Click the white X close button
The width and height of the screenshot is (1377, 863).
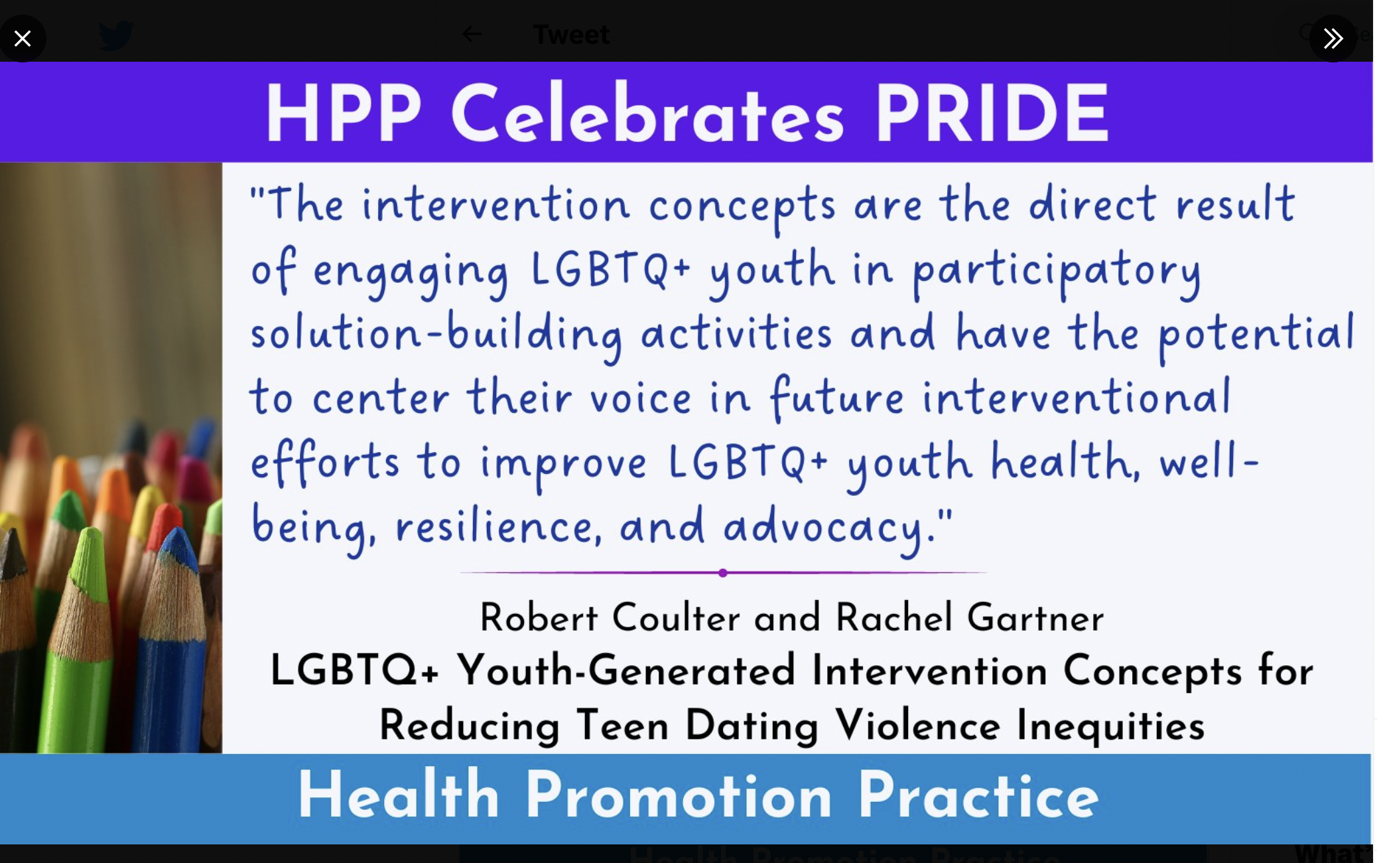[23, 39]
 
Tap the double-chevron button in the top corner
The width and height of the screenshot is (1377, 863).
[1333, 39]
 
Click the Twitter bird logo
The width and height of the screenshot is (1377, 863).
[116, 35]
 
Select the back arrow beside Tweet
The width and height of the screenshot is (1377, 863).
[472, 34]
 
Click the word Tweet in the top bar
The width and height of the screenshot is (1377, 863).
[571, 35]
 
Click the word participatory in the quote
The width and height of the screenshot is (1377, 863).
[1057, 272]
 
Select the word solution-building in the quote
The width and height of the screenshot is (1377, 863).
[436, 334]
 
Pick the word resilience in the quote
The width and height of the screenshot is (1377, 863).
[499, 526]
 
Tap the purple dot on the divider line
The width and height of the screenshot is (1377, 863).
[722, 573]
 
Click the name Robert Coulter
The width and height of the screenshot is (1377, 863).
[610, 617]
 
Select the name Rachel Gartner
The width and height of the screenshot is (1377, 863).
[969, 617]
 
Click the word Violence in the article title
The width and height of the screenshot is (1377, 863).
[917, 725]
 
